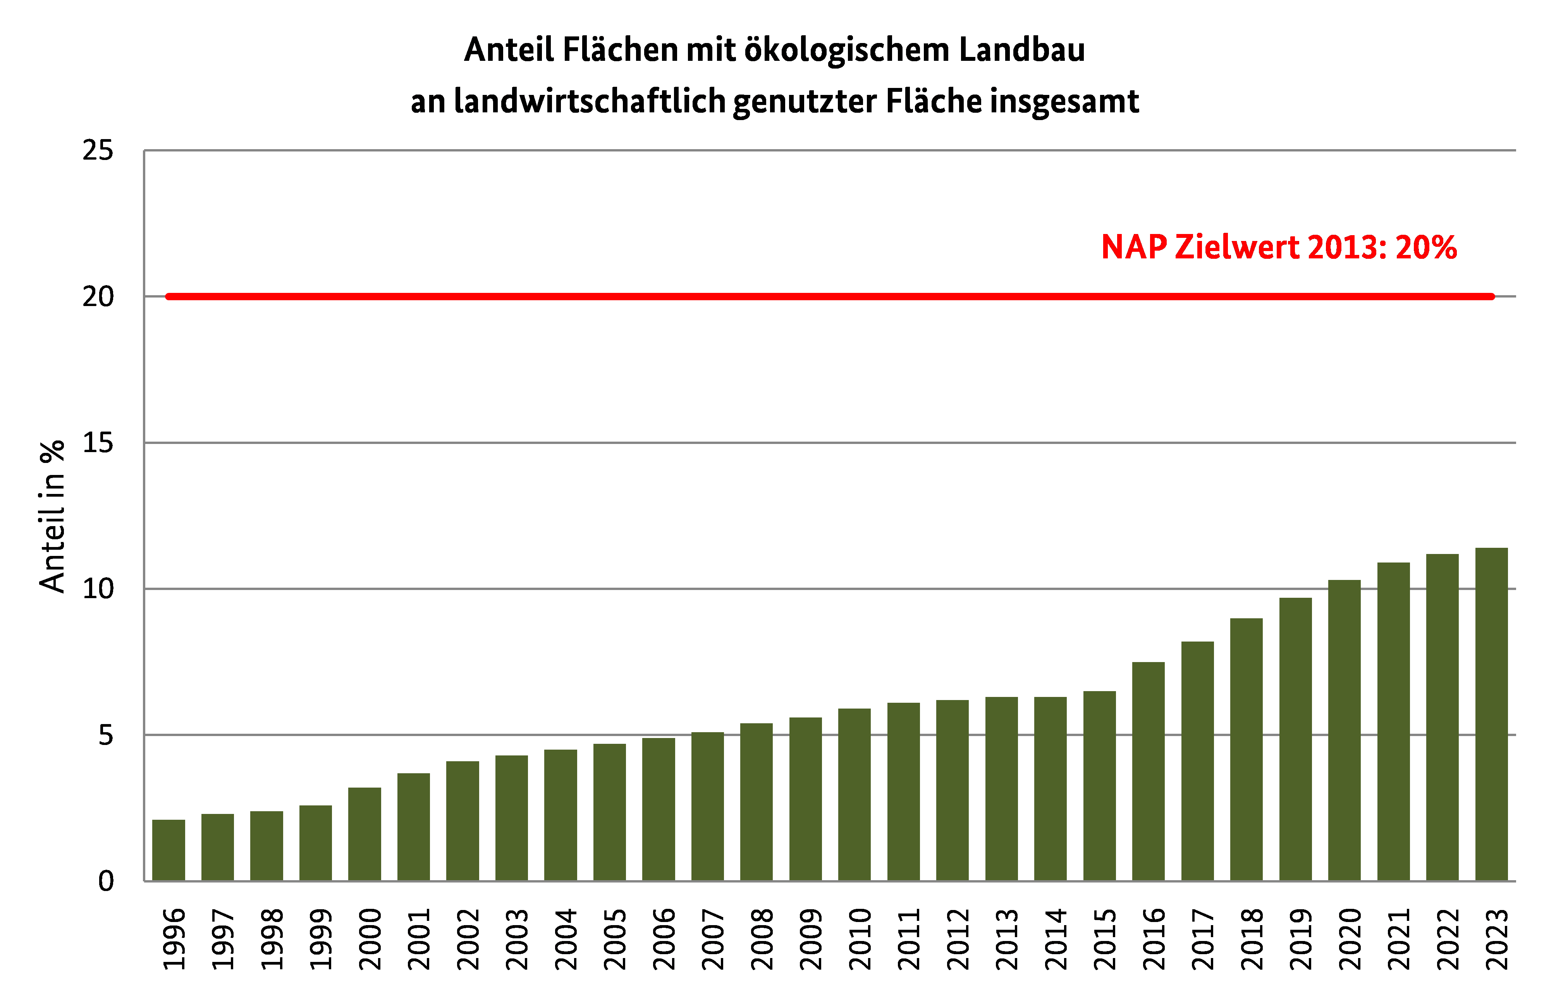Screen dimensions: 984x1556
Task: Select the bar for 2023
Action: [x=1491, y=714]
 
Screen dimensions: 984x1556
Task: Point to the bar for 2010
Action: [x=854, y=794]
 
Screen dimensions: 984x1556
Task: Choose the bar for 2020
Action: [x=1344, y=730]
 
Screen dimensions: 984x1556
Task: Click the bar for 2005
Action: [x=609, y=812]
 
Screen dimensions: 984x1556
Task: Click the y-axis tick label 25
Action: [x=98, y=151]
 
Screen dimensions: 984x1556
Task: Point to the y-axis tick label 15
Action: [x=98, y=443]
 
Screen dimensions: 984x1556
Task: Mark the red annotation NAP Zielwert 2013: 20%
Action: [x=1279, y=247]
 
